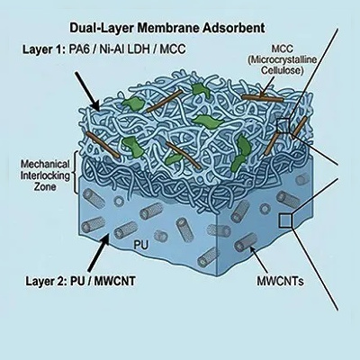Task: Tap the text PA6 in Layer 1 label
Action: pos(77,49)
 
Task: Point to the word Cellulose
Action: pos(281,70)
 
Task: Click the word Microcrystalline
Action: pos(282,59)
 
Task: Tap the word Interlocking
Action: pos(45,175)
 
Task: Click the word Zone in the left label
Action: pos(45,186)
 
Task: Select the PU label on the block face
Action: pos(140,245)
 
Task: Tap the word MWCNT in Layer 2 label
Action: pos(115,281)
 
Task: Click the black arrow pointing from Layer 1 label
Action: pos(86,91)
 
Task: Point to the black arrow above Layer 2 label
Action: pos(98,252)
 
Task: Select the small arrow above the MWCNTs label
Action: pos(258,260)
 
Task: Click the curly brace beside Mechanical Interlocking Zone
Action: pos(76,172)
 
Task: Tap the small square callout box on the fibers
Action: pos(283,125)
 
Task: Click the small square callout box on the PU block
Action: pos(285,220)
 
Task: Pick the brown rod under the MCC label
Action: pos(263,98)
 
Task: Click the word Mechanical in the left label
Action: pos(45,165)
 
